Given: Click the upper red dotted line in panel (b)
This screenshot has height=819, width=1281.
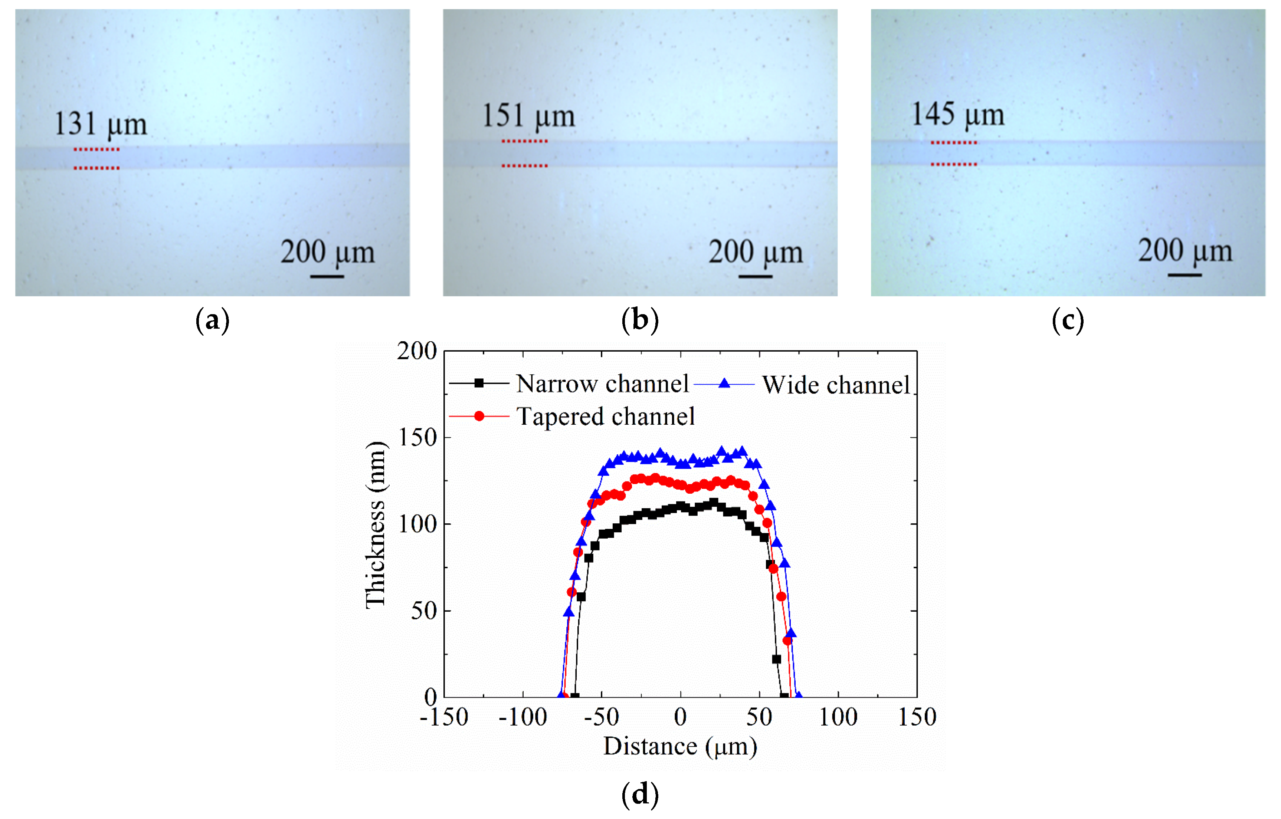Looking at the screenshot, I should (524, 141).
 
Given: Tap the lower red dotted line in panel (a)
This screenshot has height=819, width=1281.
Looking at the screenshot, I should (96, 168).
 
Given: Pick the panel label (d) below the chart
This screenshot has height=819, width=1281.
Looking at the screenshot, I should (640, 794).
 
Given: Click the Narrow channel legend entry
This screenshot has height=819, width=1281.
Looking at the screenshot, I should (602, 384).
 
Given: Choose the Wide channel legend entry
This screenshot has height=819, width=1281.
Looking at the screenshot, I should (835, 385).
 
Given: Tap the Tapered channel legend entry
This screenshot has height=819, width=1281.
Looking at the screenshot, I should (605, 416).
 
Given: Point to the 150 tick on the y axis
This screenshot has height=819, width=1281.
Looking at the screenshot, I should (417, 438).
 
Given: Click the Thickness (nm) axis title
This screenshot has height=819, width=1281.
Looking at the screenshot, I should (376, 524).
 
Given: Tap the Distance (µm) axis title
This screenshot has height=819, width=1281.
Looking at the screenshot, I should (680, 746).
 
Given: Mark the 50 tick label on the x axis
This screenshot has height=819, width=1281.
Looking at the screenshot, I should (759, 717).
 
